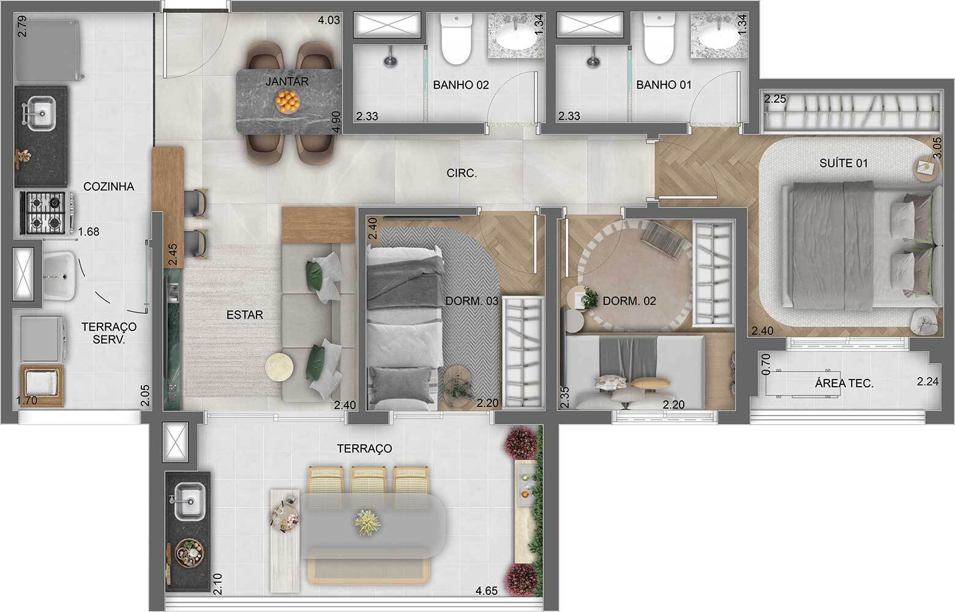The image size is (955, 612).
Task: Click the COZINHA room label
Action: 109,186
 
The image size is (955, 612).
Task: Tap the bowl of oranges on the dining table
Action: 287,102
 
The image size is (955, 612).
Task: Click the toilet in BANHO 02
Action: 456,39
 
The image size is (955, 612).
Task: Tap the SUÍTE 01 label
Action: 844,163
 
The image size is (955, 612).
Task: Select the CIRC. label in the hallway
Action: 462,173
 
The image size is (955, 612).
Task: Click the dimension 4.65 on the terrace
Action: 487,591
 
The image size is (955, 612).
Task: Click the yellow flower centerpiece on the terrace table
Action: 367,523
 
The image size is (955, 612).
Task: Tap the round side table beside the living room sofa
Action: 279,366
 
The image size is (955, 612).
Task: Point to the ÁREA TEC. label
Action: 844,384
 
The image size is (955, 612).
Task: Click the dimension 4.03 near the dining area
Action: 329,20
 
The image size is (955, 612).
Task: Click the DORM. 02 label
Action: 629,301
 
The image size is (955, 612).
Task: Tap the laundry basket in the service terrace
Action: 42,386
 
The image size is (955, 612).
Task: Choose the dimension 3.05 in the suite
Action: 937,147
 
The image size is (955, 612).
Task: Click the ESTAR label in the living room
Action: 244,315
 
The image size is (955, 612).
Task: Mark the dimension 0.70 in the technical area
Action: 766,364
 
